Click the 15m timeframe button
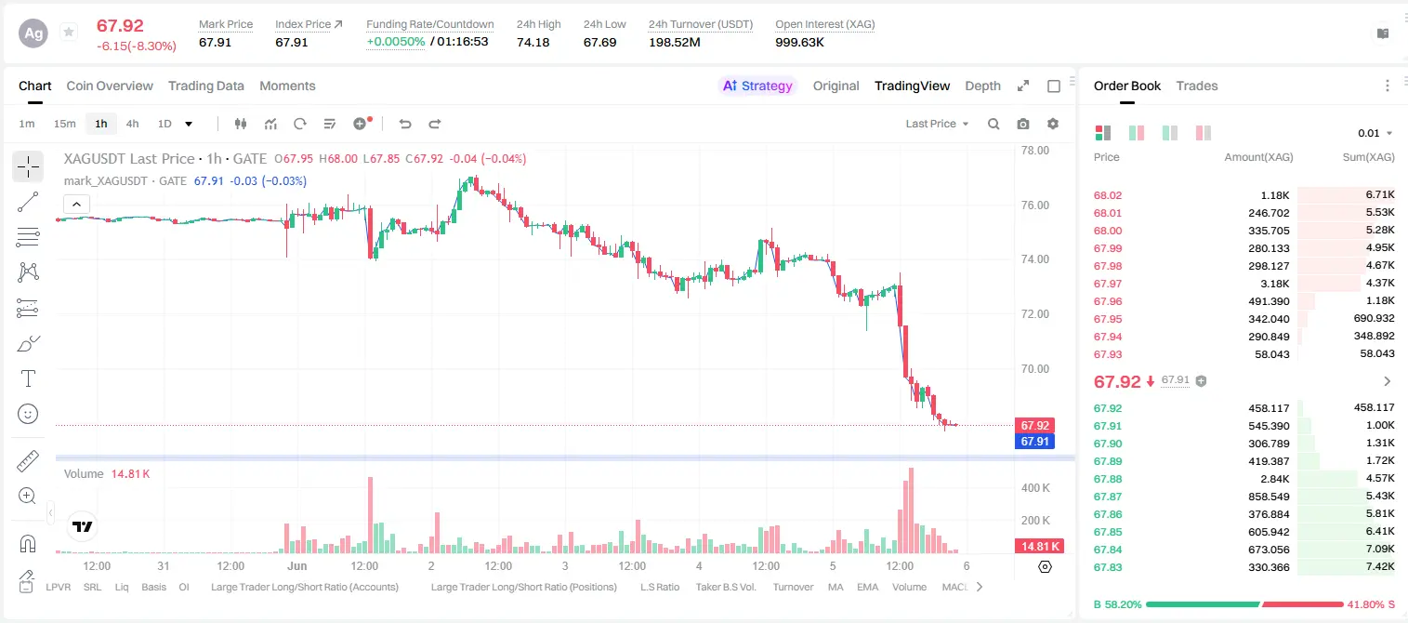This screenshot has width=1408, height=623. point(65,124)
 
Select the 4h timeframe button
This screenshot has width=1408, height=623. point(132,124)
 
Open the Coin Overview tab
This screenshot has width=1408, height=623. point(110,86)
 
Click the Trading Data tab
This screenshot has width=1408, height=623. point(205,86)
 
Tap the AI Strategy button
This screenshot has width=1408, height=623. point(757,86)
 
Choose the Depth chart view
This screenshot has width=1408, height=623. point(982,86)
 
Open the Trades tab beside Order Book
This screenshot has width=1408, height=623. point(1197,86)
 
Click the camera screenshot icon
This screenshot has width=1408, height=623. point(1023,124)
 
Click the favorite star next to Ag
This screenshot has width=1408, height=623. point(69,32)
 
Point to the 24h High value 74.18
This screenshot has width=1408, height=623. point(533,42)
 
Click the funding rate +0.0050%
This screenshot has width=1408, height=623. point(396,42)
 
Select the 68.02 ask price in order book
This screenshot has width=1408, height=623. point(1108,195)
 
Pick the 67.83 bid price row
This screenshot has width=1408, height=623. point(1108,567)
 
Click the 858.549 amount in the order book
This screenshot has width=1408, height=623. point(1269,497)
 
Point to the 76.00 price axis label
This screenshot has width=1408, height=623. point(1035,205)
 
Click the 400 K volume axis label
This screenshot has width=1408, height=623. point(1035,488)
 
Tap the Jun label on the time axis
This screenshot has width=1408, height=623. point(296,565)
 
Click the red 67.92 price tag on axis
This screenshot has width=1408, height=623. point(1034,426)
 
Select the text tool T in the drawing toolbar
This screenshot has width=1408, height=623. point(28,378)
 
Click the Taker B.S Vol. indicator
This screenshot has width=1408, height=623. point(725,587)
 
